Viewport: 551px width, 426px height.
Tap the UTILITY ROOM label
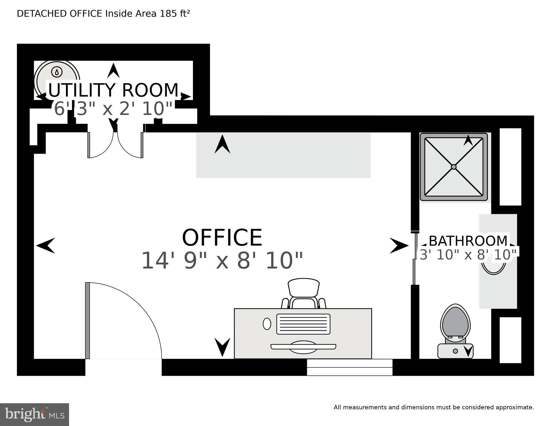pos(113,90)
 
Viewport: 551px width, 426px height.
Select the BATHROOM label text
pos(468,241)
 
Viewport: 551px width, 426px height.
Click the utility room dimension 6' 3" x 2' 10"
pos(113,109)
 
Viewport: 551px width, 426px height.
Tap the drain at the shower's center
pos(454,167)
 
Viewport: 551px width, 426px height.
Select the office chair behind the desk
pos(304,293)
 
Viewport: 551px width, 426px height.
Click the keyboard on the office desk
pos(303,324)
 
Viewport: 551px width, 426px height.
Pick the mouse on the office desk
pos(267,324)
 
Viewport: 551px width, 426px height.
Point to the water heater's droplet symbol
pos(57,72)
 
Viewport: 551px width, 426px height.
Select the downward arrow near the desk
pos(222,347)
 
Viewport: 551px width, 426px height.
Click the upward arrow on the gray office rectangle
pos(222,144)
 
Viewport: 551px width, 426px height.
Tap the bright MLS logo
pos(34,415)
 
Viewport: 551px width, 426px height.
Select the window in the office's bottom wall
pos(350,367)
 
